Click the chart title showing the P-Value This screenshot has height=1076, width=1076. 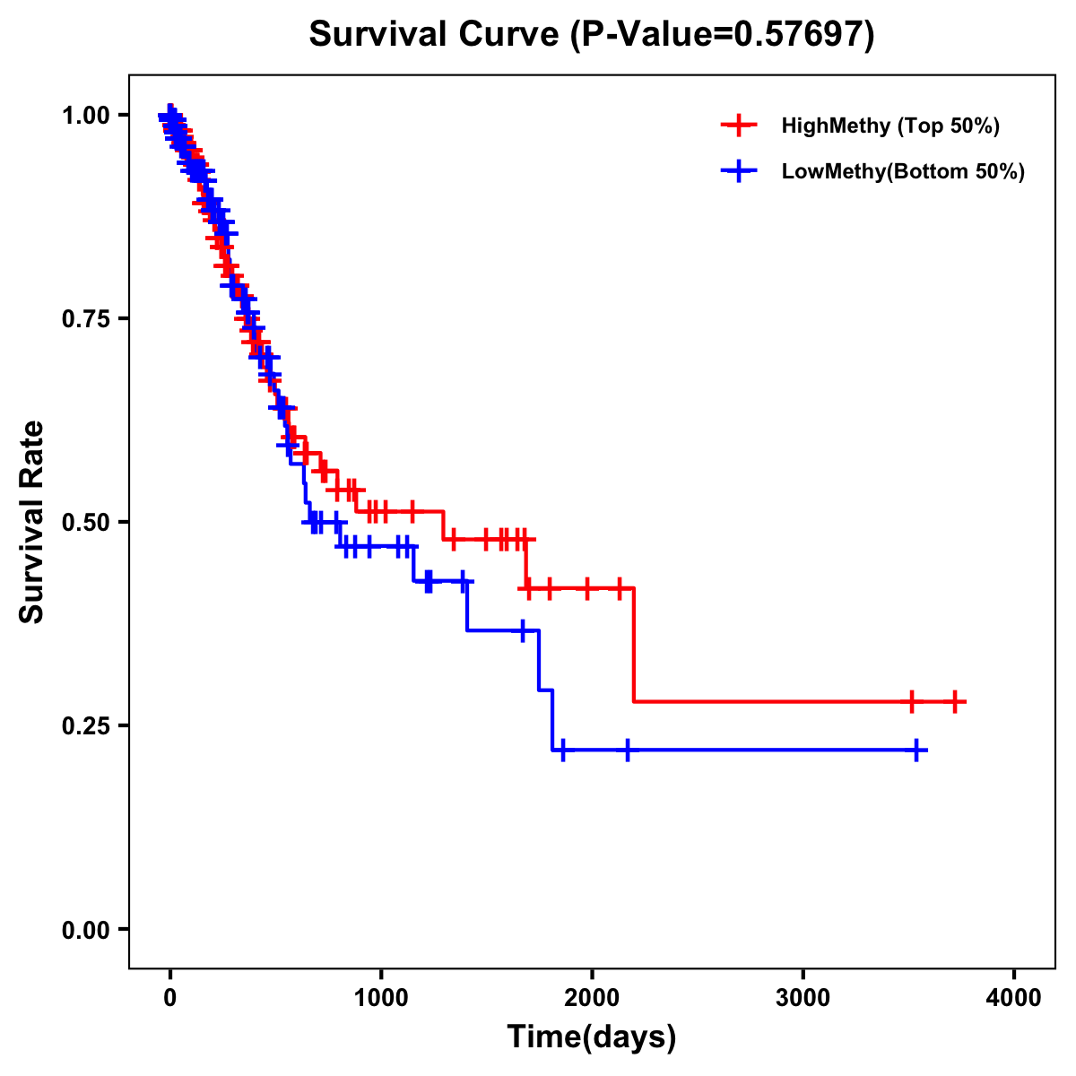(x=592, y=34)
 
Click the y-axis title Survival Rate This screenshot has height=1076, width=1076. (x=32, y=521)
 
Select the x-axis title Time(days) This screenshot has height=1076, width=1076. (x=592, y=1037)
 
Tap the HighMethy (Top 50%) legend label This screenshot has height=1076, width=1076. (x=889, y=126)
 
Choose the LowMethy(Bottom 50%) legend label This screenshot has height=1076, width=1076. (x=903, y=171)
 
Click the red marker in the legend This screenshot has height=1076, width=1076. (x=739, y=126)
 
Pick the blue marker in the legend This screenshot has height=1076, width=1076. (x=739, y=171)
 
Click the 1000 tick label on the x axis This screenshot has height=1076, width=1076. (x=381, y=998)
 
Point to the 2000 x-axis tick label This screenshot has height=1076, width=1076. (x=592, y=998)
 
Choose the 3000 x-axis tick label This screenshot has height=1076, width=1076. (x=803, y=998)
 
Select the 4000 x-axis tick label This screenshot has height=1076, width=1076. (x=1014, y=998)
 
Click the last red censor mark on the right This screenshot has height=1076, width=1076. (x=955, y=701)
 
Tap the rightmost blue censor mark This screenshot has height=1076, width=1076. (x=916, y=750)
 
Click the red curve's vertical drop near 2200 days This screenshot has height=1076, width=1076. (x=634, y=646)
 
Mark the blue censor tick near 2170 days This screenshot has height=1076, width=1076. (x=627, y=750)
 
